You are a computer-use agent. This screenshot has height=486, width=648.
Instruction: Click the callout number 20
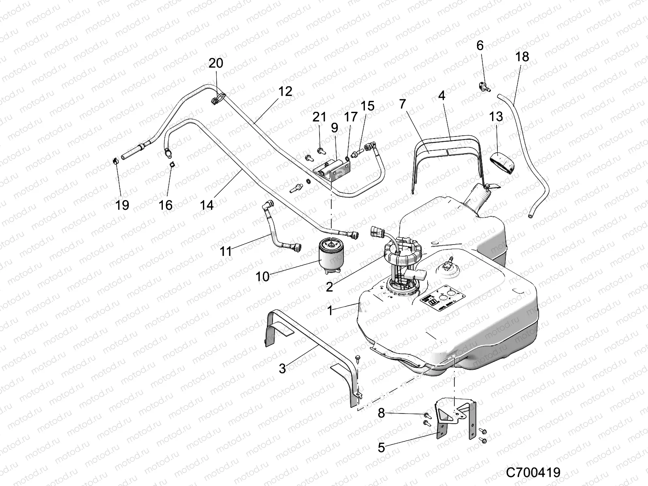[x=216, y=63]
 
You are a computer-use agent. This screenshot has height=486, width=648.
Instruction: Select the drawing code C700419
[x=533, y=472]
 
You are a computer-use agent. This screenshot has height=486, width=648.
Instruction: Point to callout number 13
[x=496, y=117]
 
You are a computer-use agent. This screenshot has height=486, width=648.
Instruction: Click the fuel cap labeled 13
[x=503, y=162]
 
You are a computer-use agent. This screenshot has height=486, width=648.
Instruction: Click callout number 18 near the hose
[x=522, y=57]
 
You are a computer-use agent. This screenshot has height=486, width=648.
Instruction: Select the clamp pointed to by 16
[x=172, y=164]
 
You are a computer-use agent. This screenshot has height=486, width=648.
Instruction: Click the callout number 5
[x=381, y=448]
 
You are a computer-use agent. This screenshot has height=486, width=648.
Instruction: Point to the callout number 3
[x=282, y=368]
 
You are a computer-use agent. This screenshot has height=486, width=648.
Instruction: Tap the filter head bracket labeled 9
[x=333, y=170]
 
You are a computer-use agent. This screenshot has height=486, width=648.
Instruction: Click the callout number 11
[x=226, y=252]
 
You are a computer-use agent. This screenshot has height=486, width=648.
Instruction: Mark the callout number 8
[x=381, y=414]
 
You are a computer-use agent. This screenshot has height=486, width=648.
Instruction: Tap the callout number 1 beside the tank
[x=330, y=311]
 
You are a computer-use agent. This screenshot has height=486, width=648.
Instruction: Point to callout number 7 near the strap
[x=402, y=104]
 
